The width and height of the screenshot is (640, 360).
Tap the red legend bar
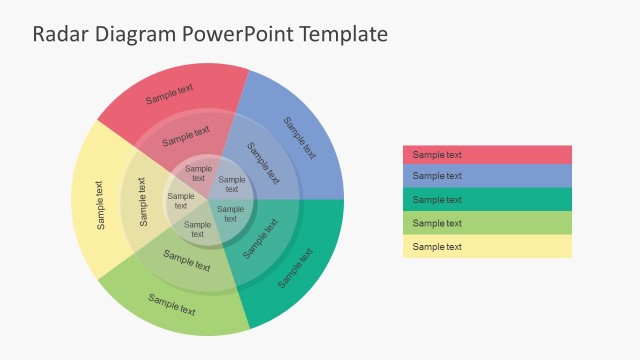[x=487, y=154]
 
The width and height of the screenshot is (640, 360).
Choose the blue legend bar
[x=487, y=176]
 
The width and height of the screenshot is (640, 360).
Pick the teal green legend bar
[x=487, y=199]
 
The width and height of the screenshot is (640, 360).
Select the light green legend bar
[x=487, y=223]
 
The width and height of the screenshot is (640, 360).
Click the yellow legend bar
[x=487, y=247]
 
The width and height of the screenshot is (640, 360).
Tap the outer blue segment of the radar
[x=299, y=138]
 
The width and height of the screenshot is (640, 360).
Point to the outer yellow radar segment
[x=99, y=204]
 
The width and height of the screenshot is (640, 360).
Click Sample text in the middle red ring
[x=186, y=134]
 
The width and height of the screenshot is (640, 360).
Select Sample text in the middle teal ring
[x=260, y=238]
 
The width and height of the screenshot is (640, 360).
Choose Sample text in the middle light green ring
[x=186, y=261]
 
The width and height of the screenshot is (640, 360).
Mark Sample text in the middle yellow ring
[x=142, y=201]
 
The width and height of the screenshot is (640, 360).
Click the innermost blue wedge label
[x=231, y=184]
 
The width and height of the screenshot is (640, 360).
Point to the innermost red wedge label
[x=198, y=173]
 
